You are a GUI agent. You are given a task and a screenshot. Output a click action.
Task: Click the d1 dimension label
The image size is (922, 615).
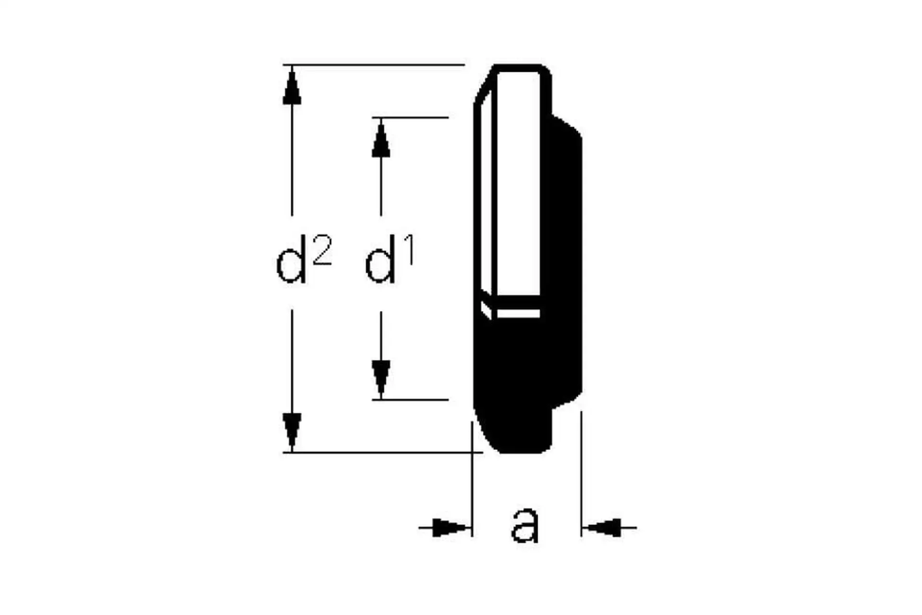[388, 259]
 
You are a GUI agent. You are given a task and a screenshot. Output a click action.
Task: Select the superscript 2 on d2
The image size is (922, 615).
[322, 250]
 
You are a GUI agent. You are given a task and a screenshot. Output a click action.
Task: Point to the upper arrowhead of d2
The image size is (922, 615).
[292, 87]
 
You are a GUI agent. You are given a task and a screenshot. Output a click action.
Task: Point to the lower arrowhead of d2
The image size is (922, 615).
[292, 430]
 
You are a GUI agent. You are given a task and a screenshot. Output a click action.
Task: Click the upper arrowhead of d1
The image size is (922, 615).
[381, 140]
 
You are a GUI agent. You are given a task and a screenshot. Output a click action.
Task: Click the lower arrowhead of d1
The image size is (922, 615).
[381, 377]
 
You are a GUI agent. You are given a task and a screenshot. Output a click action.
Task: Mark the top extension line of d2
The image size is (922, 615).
[375, 64]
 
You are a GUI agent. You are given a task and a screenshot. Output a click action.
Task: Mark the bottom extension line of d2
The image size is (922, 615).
[379, 452]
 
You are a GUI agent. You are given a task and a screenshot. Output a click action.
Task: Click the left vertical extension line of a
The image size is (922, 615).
[472, 480]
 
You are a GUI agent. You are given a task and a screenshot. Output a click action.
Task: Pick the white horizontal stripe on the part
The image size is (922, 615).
[518, 313]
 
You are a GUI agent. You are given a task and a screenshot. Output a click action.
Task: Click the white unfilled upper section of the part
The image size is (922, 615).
[518, 183]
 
